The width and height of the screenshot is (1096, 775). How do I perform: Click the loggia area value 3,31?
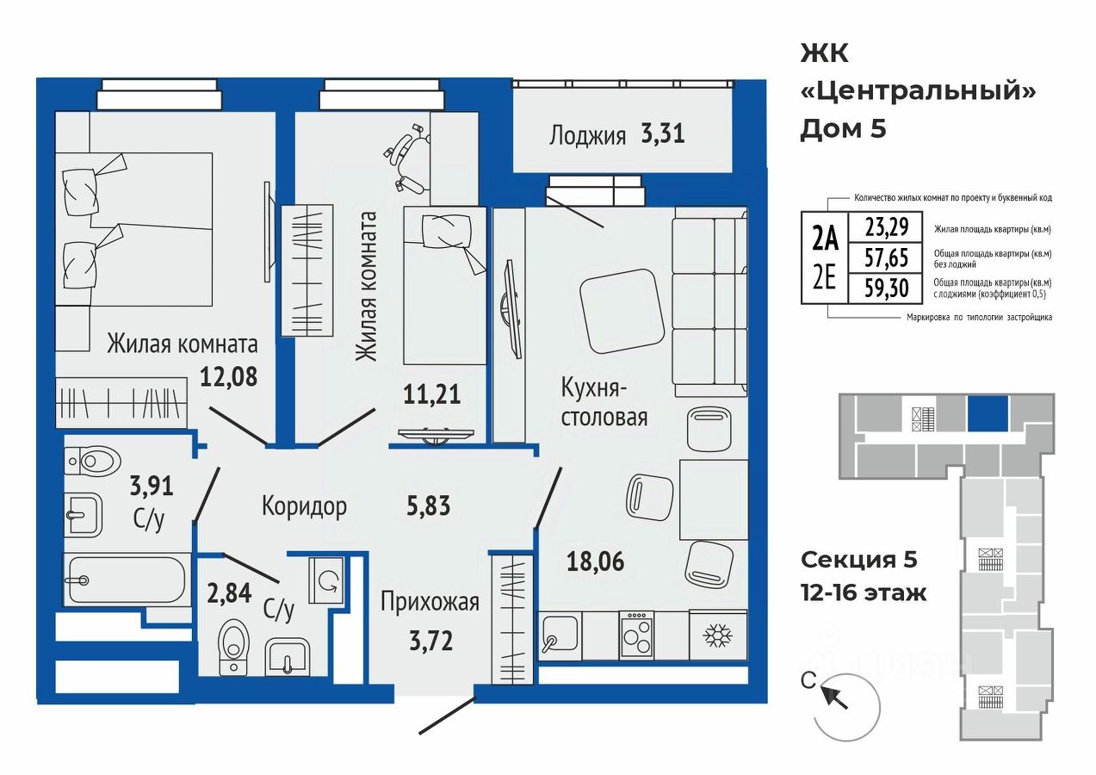(662, 133)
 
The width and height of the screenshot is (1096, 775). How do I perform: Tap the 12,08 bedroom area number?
(228, 377)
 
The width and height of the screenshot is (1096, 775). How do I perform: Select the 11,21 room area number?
(431, 394)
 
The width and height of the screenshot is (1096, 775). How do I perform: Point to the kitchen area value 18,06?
(596, 561)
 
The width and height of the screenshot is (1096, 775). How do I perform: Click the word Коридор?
(304, 506)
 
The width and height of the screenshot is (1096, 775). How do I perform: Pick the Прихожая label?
(430, 602)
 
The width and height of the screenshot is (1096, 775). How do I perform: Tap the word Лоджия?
(587, 135)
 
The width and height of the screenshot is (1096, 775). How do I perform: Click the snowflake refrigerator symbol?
(718, 635)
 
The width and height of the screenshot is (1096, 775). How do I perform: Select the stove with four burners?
(636, 635)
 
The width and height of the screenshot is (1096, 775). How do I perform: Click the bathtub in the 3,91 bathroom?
(127, 580)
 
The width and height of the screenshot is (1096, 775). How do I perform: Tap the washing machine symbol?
(326, 580)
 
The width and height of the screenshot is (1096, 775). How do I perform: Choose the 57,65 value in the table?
(886, 257)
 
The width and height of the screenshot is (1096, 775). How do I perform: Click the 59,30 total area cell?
(886, 288)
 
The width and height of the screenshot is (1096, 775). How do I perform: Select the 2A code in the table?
(825, 239)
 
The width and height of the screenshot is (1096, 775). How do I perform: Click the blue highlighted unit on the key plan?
(988, 413)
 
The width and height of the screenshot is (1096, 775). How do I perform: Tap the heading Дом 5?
(843, 129)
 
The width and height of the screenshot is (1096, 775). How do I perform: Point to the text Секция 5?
(858, 560)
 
